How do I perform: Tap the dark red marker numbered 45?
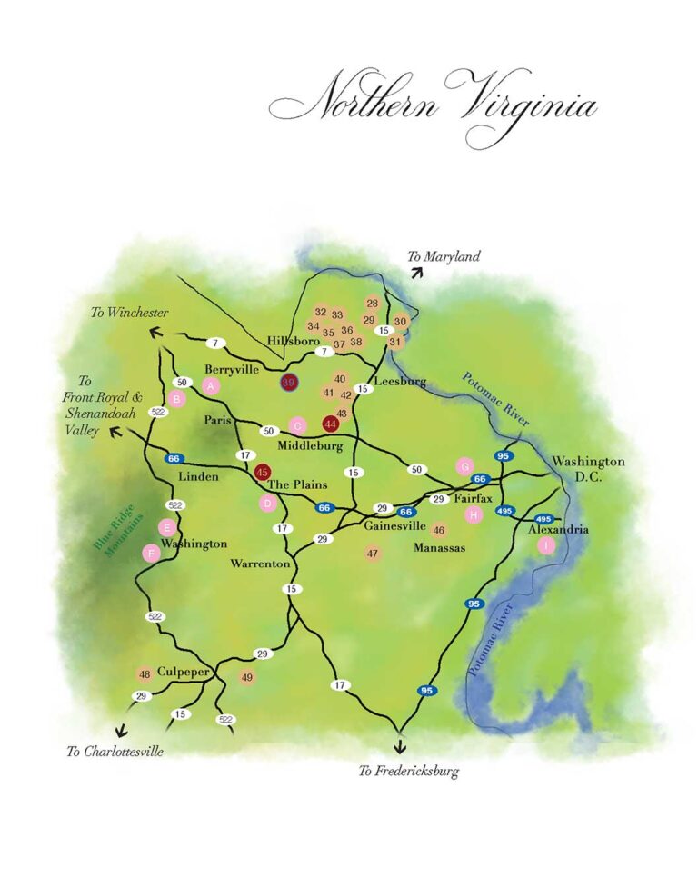263,472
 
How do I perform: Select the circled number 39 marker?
289,383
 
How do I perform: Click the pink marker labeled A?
212,386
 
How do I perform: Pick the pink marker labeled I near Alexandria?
545,545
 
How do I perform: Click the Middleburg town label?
310,446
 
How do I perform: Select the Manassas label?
439,548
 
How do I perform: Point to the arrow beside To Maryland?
416,271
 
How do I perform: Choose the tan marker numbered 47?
373,553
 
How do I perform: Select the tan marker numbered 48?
145,674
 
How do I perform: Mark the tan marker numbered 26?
372,304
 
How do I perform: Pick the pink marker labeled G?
464,466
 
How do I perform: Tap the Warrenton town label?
260,564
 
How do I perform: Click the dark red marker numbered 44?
331,424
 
